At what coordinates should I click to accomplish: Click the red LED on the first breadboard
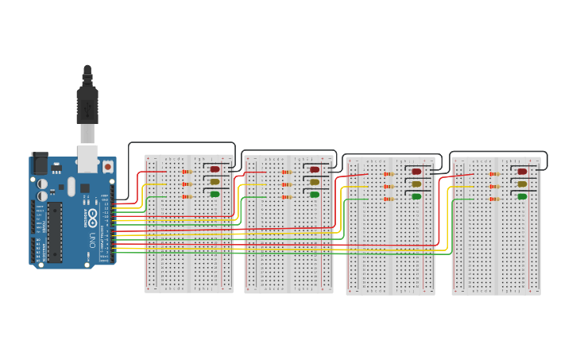click(215, 169)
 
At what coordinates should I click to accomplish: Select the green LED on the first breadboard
click(215, 194)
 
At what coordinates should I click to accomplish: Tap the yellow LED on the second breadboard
click(315, 182)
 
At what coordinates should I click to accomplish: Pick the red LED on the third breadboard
click(416, 172)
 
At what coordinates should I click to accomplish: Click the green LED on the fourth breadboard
click(522, 196)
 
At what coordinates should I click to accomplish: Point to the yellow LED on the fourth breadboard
click(522, 184)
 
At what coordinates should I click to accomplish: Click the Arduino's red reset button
click(107, 167)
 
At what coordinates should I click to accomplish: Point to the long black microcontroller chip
click(54, 232)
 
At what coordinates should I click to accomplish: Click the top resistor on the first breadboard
click(187, 172)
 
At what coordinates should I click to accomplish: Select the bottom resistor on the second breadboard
click(287, 196)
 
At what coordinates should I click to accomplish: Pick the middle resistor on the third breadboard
click(389, 186)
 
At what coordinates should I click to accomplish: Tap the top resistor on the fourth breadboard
click(494, 174)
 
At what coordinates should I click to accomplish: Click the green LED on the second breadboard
click(315, 195)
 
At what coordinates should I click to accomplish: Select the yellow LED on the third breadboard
click(416, 184)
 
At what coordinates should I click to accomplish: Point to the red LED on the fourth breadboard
click(522, 172)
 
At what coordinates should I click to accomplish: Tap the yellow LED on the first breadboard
click(215, 182)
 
